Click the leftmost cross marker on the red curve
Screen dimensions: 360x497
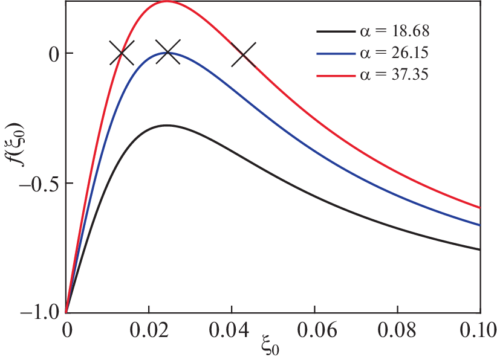click(122, 53)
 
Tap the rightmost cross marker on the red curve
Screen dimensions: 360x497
click(243, 54)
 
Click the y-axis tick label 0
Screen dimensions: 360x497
click(53, 53)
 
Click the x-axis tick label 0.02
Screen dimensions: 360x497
click(149, 331)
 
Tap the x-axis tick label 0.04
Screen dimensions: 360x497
click(232, 331)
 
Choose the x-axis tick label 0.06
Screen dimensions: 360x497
click(314, 331)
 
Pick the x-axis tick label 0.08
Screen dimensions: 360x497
click(397, 331)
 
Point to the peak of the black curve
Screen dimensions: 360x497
click(166, 125)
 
